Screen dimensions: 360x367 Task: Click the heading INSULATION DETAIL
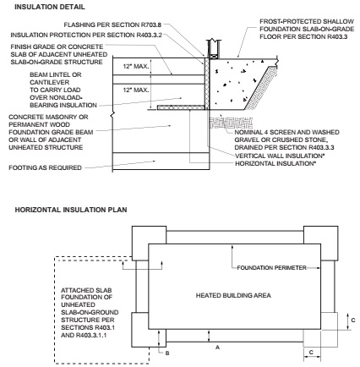(50, 7)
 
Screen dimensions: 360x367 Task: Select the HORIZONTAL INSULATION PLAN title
(71, 210)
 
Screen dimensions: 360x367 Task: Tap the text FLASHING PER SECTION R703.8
(112, 25)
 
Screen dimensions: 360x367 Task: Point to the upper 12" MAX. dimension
(135, 67)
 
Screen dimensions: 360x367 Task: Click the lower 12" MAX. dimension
(135, 90)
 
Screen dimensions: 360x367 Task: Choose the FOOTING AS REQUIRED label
(45, 167)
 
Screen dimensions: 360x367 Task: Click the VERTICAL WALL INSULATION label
(278, 156)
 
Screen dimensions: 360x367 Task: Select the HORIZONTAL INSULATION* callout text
(275, 163)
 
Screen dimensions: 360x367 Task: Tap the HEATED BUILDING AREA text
(233, 295)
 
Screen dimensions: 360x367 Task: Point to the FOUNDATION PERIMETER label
(271, 268)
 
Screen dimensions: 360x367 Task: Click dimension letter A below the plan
(217, 348)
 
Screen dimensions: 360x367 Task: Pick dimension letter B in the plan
(167, 353)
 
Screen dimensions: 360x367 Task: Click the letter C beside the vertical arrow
(353, 320)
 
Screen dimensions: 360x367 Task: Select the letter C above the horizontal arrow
(311, 353)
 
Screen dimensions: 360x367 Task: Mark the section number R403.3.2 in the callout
(150, 35)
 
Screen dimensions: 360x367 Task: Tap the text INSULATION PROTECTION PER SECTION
(73, 35)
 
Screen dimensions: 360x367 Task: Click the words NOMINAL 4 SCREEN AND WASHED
(286, 132)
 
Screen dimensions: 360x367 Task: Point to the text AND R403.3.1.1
(84, 336)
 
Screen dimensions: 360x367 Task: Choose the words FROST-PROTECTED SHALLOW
(307, 21)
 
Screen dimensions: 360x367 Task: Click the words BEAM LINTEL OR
(56, 74)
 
